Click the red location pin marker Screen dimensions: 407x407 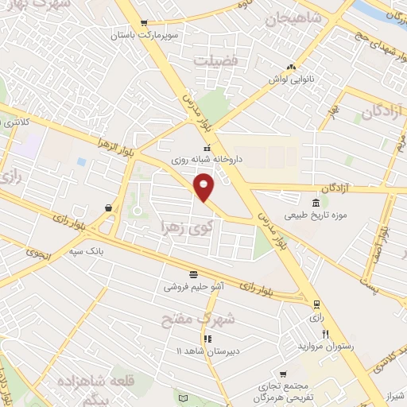pos(204,186)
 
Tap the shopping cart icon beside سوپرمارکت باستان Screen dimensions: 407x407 pos(143,24)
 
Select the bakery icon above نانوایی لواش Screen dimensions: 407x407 pos(292,67)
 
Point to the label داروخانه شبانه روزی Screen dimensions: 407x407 pos(208,159)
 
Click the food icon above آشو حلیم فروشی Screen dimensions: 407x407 pos(194,273)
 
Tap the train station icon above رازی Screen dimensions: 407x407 pos(317,304)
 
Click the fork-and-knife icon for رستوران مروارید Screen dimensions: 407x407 pos(325,335)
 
